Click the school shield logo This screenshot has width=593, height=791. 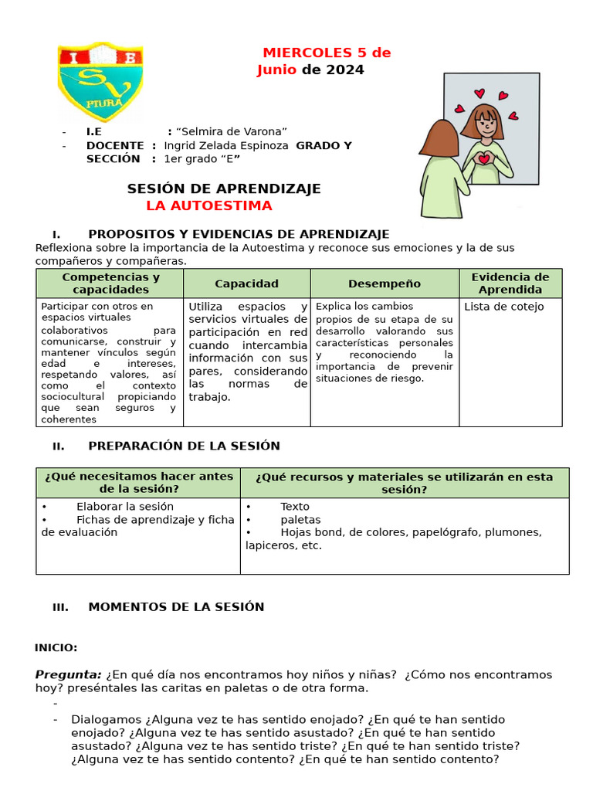[100, 82]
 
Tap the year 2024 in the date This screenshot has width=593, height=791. [344, 70]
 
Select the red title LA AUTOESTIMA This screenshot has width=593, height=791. [209, 205]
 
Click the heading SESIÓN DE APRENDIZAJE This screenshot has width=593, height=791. [224, 188]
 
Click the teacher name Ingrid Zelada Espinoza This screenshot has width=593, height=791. [226, 145]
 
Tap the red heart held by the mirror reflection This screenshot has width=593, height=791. [484, 158]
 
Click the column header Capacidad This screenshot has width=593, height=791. [246, 283]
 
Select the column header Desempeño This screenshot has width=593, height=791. [385, 283]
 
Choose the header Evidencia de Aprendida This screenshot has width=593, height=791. [510, 283]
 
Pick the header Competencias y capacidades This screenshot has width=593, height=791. [110, 283]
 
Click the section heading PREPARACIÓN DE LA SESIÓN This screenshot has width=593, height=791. [184, 446]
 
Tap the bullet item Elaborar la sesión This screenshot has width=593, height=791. [125, 507]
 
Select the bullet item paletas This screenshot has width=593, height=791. [300, 520]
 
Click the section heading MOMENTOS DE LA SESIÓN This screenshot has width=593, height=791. [176, 606]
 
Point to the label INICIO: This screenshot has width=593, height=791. [56, 647]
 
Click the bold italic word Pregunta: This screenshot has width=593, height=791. [68, 674]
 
